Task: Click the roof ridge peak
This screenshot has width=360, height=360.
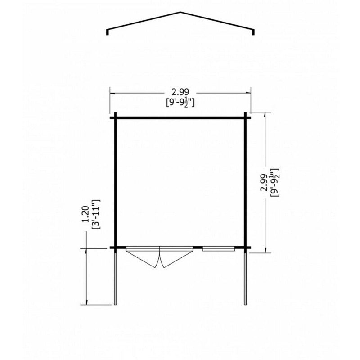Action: (180, 12)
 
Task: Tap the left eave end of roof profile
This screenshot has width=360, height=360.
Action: (107, 32)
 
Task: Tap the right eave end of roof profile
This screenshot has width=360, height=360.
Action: (253, 32)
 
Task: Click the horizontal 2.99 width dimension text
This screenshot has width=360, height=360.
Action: (180, 92)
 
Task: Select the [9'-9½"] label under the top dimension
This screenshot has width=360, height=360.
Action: (180, 103)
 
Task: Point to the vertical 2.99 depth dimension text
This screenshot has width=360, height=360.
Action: (263, 182)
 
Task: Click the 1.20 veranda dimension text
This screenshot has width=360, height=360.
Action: (85, 215)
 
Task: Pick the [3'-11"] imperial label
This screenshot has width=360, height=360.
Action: (96, 215)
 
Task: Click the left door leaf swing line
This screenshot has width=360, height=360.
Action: (142, 259)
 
